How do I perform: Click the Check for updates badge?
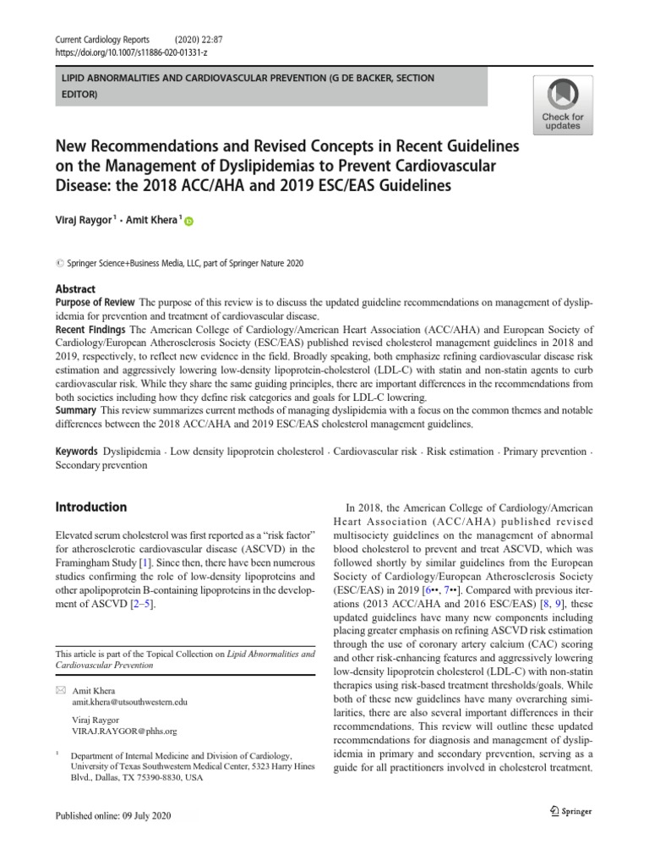click(x=562, y=103)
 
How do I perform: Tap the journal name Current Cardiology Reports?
click(x=101, y=38)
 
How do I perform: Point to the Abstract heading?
click(x=75, y=288)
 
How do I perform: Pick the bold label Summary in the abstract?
click(x=75, y=409)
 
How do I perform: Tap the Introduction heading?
click(x=90, y=507)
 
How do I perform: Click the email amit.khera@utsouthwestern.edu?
click(x=130, y=702)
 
